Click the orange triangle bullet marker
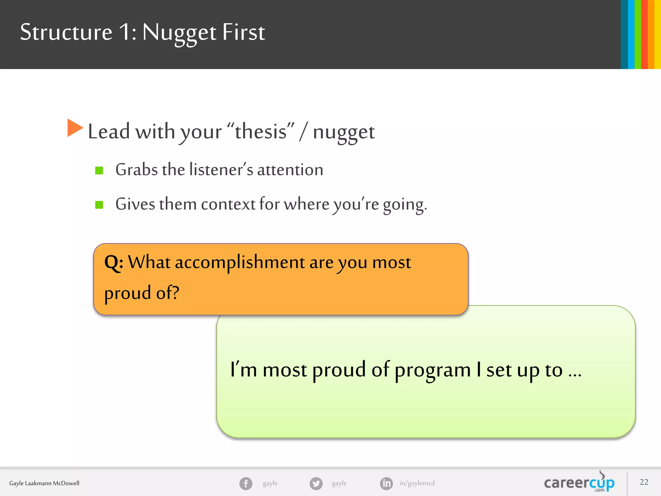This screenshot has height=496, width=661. tap(75, 128)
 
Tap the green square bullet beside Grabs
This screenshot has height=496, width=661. tap(99, 170)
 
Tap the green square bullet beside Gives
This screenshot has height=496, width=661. tap(99, 205)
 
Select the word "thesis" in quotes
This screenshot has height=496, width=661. tap(261, 132)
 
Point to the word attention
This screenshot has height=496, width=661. tap(290, 170)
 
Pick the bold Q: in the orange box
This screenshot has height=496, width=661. tap(114, 262)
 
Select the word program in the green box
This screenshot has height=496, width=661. tap(433, 370)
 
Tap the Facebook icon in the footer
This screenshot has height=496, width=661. tap(246, 483)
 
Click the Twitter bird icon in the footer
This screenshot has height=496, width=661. tap(316, 483)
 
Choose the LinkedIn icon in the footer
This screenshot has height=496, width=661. tap(386, 483)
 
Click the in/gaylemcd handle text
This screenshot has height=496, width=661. tap(417, 483)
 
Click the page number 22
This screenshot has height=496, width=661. tap(644, 482)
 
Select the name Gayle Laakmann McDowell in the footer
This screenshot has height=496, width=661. tap(44, 483)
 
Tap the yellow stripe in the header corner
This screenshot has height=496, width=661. tap(658, 34)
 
